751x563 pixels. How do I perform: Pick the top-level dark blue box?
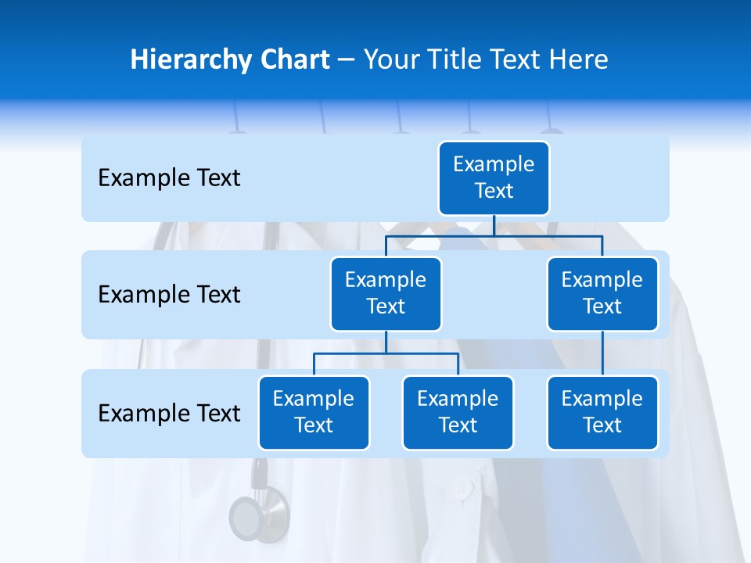coord(494,178)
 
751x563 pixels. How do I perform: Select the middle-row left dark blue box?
coord(386,293)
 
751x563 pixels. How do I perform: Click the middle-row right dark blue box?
coord(602,293)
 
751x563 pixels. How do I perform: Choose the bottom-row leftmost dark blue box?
coord(314,412)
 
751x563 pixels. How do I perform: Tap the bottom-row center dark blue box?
coord(458,412)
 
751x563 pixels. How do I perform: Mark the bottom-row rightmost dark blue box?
coord(602,412)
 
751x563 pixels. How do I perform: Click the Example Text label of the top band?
coord(169,178)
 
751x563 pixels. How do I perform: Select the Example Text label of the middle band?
coord(169,295)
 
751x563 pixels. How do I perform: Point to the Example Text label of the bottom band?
coord(169,413)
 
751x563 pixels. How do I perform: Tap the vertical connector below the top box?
coord(494,225)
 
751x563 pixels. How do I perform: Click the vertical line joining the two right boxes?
coord(602,353)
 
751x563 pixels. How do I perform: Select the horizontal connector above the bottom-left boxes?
coord(386,353)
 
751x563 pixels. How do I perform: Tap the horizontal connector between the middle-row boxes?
coord(494,235)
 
